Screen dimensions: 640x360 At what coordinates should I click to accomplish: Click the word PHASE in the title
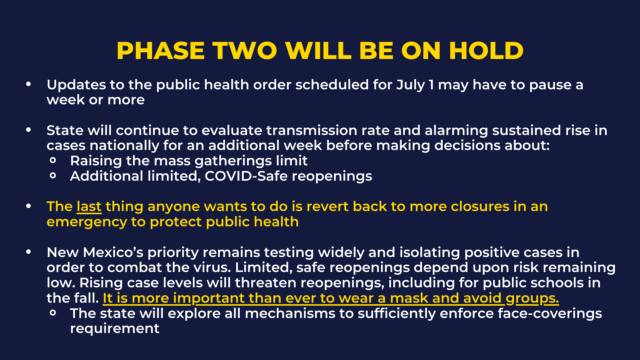click(161, 51)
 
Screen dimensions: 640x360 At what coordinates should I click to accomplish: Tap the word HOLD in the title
click(486, 51)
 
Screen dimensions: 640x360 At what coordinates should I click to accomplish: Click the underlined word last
click(89, 207)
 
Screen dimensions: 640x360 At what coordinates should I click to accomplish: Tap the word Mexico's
click(113, 252)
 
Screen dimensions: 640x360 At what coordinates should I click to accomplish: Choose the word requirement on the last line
click(115, 329)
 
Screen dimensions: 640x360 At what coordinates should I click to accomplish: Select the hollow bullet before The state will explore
click(53, 313)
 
